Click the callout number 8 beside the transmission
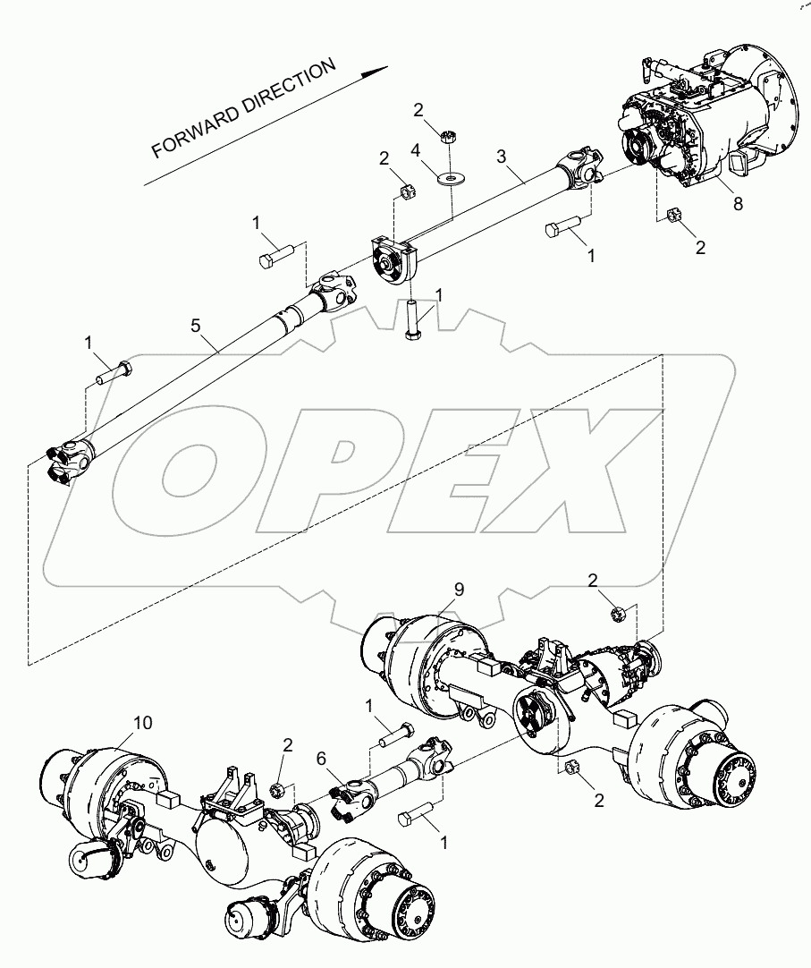pos(738,204)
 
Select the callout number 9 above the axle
pos(459,590)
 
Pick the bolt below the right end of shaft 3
pos(564,229)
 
